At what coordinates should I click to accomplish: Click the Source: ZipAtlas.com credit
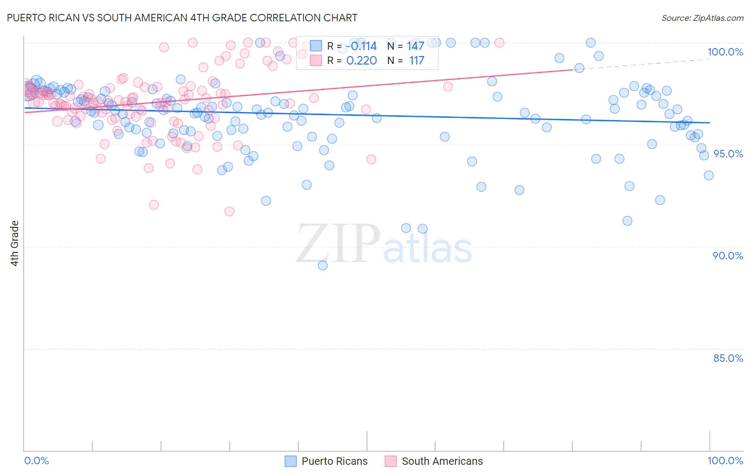click(x=702, y=18)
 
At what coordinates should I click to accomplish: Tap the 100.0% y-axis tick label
click(x=725, y=52)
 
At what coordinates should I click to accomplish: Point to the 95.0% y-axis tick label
click(x=728, y=154)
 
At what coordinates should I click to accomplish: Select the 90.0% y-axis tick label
click(x=728, y=256)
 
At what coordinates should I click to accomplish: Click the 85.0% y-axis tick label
click(x=728, y=358)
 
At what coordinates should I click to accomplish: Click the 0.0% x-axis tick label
click(x=36, y=461)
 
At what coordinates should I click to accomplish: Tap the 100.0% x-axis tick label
click(x=725, y=461)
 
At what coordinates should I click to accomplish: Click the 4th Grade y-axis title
click(x=15, y=243)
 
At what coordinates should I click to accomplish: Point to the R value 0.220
click(x=361, y=61)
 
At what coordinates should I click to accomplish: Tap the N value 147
click(x=415, y=46)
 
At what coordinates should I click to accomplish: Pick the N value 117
click(x=416, y=61)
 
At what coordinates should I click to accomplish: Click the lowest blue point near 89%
click(x=323, y=265)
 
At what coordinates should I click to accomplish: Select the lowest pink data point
click(x=229, y=211)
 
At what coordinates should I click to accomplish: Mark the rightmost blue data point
click(x=708, y=176)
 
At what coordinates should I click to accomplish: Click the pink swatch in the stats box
click(x=316, y=61)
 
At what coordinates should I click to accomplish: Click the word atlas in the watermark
click(x=428, y=249)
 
